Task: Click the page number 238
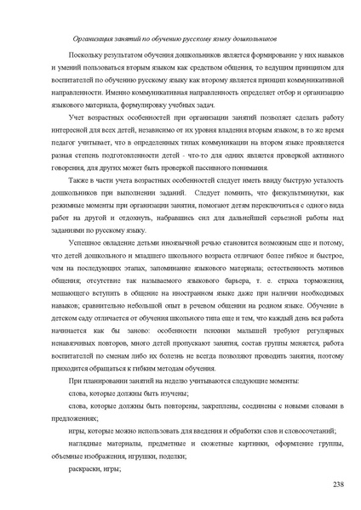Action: pos(338,484)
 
